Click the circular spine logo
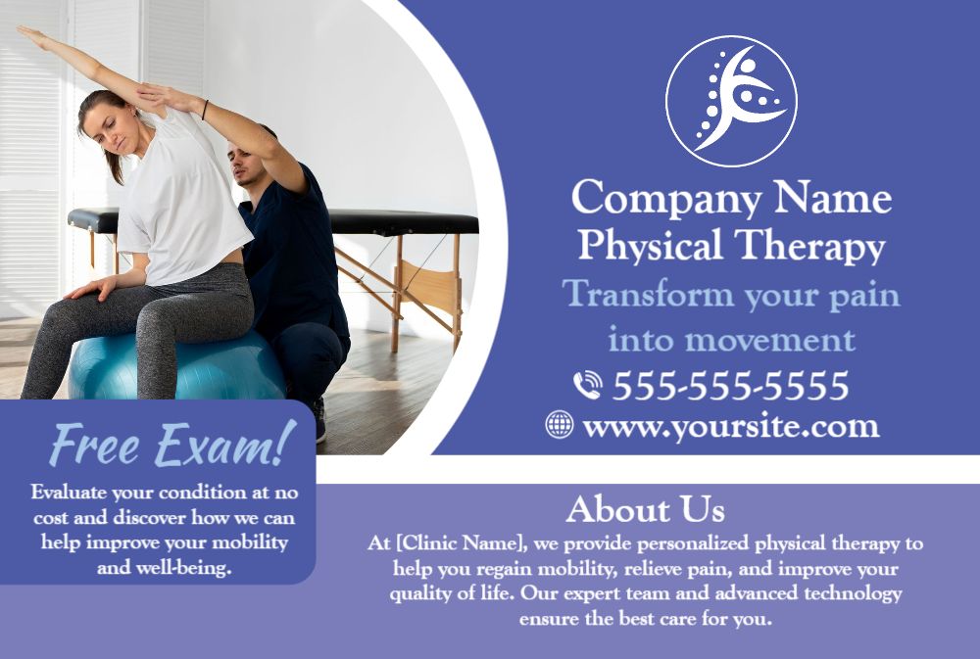tap(731, 101)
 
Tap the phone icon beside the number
tap(587, 385)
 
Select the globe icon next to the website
tap(559, 425)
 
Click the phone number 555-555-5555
tap(731, 386)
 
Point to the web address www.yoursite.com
tap(731, 427)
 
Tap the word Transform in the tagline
tap(648, 293)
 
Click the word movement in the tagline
tap(770, 341)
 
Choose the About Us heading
tap(646, 509)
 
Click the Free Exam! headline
tap(172, 445)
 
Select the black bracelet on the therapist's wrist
tap(205, 110)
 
